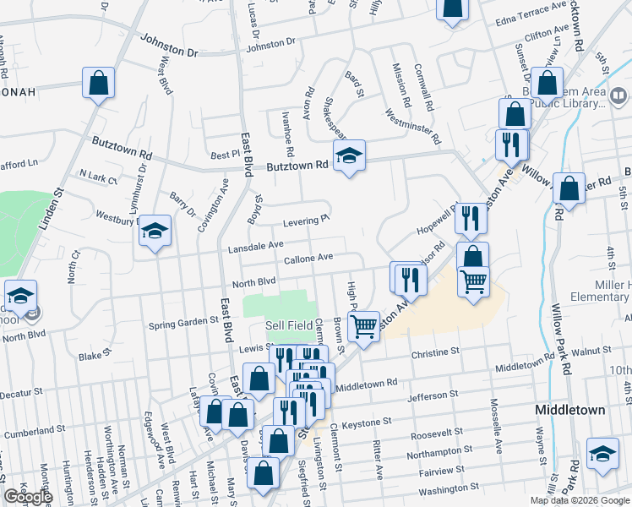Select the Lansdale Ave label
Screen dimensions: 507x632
coord(256,245)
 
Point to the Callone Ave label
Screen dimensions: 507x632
coord(308,258)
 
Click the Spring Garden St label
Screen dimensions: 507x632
coord(183,322)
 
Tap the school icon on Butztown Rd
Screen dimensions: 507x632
coord(348,155)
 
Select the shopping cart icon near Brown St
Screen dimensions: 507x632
coord(364,324)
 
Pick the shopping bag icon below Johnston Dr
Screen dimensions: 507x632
coord(98,83)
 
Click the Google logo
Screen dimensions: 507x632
coord(28,497)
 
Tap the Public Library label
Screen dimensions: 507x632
coord(575,103)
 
